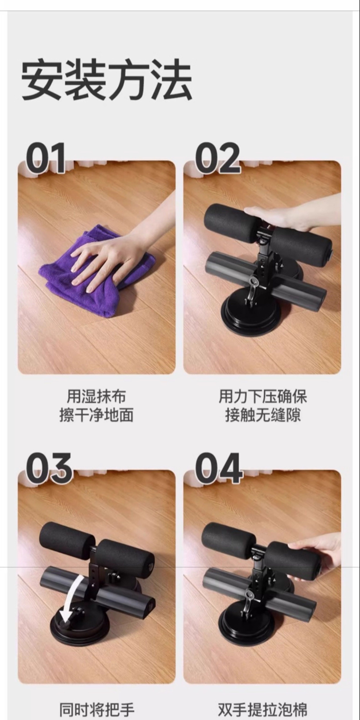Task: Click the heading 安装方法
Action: [107, 80]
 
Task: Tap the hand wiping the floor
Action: [117, 252]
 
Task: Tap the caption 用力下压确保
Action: [263, 396]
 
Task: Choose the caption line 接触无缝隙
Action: [263, 415]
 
